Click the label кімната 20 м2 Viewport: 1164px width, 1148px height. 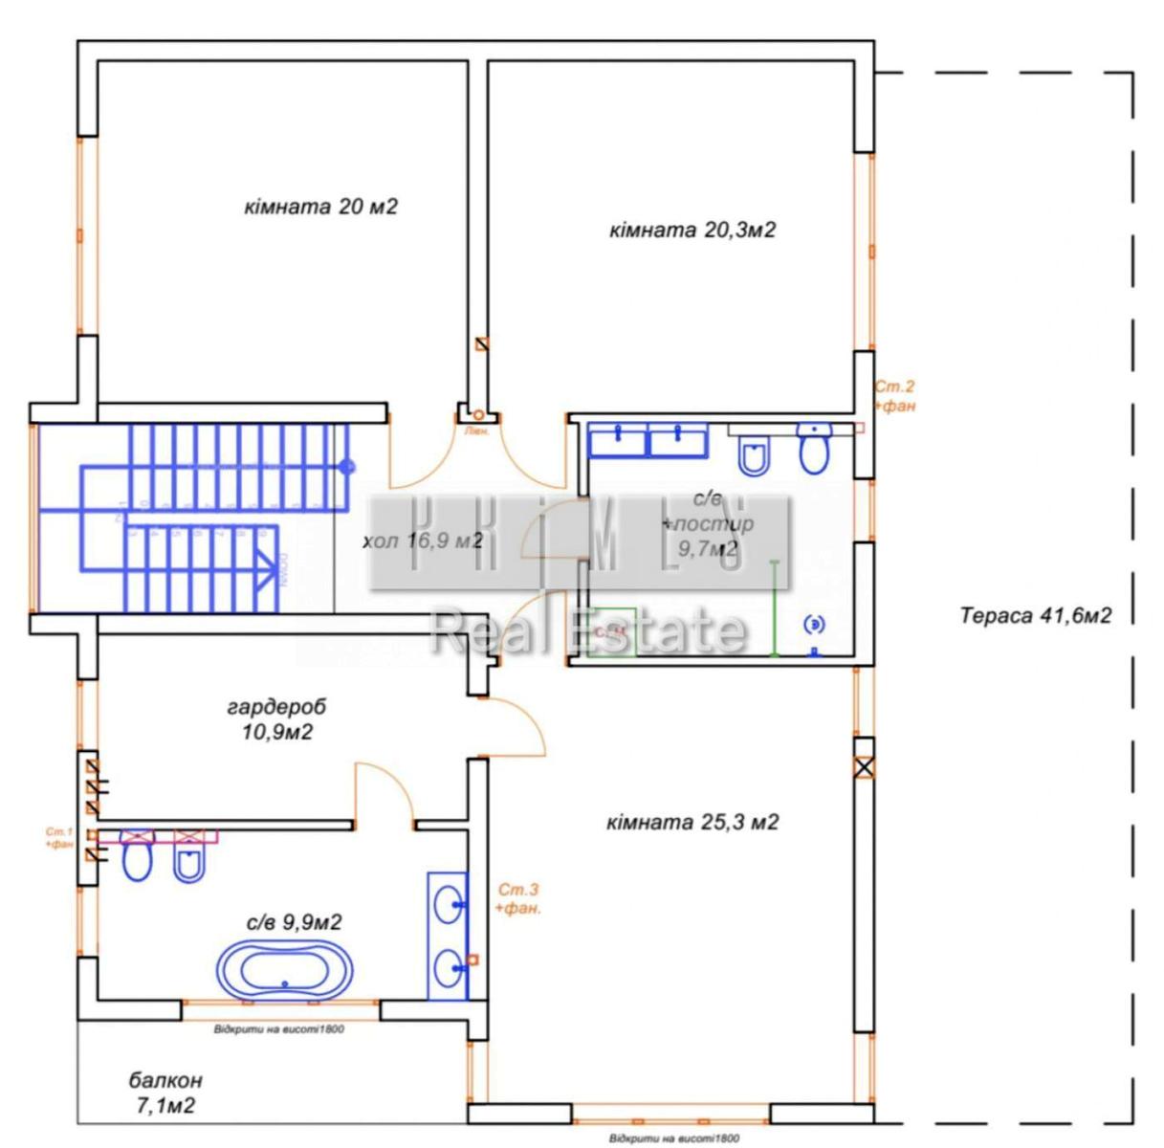click(320, 207)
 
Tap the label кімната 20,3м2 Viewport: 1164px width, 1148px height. click(692, 231)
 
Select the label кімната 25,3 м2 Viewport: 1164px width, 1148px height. click(692, 822)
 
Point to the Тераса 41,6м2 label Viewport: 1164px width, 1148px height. click(1036, 616)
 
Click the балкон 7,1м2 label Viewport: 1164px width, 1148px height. click(166, 1093)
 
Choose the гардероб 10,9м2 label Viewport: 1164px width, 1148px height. click(276, 719)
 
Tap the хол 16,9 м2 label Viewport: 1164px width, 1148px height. click(422, 541)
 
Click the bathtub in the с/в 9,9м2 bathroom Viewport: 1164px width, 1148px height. click(284, 970)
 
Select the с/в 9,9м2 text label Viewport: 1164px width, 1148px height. click(295, 922)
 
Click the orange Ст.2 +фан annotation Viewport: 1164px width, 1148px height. click(895, 396)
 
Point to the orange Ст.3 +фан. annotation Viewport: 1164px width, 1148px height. click(517, 899)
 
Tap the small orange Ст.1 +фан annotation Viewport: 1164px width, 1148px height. click(59, 838)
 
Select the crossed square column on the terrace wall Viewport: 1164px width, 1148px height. click(864, 766)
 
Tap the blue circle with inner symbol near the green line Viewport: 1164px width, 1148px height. click(814, 624)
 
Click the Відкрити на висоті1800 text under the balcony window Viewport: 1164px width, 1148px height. click(278, 1030)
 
